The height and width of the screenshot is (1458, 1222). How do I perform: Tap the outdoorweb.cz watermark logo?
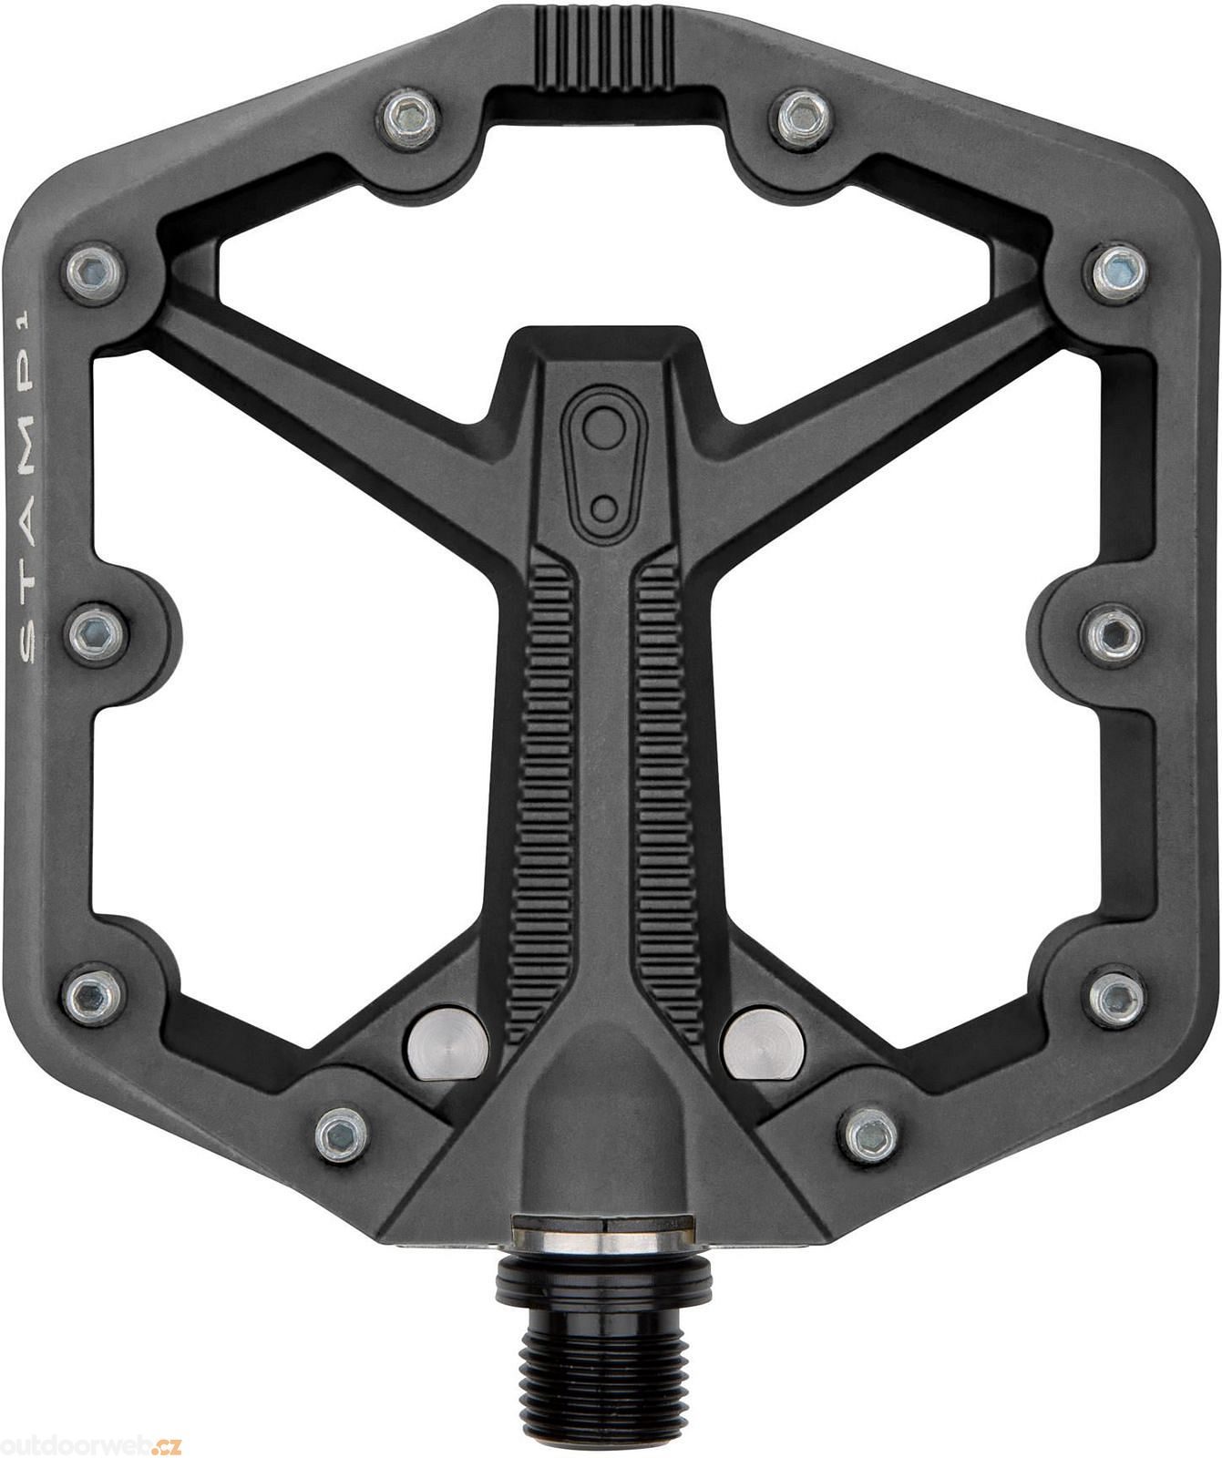(92, 1443)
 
